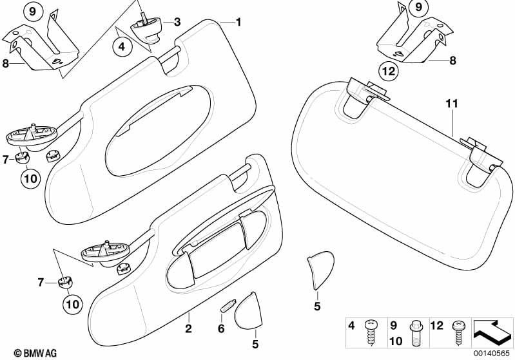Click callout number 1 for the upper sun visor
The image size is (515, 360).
point(238,22)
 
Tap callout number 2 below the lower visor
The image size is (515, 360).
point(188,328)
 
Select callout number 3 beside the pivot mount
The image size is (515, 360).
point(177,22)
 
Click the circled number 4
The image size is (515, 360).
point(122,46)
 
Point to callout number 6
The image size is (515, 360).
point(221,328)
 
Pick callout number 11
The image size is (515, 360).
point(452,104)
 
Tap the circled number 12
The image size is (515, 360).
point(389,71)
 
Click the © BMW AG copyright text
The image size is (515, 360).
point(35,353)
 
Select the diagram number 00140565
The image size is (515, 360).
point(492,353)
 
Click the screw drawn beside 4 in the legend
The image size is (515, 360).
point(371,332)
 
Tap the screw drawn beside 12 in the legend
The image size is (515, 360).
point(458,333)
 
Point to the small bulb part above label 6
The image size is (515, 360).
point(228,306)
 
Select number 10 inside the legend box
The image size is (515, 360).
point(396,341)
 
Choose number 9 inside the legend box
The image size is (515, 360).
point(393,325)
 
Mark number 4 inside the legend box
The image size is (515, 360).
point(351,325)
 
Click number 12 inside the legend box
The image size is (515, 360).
point(437,325)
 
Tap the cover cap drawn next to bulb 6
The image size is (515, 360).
point(249,310)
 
